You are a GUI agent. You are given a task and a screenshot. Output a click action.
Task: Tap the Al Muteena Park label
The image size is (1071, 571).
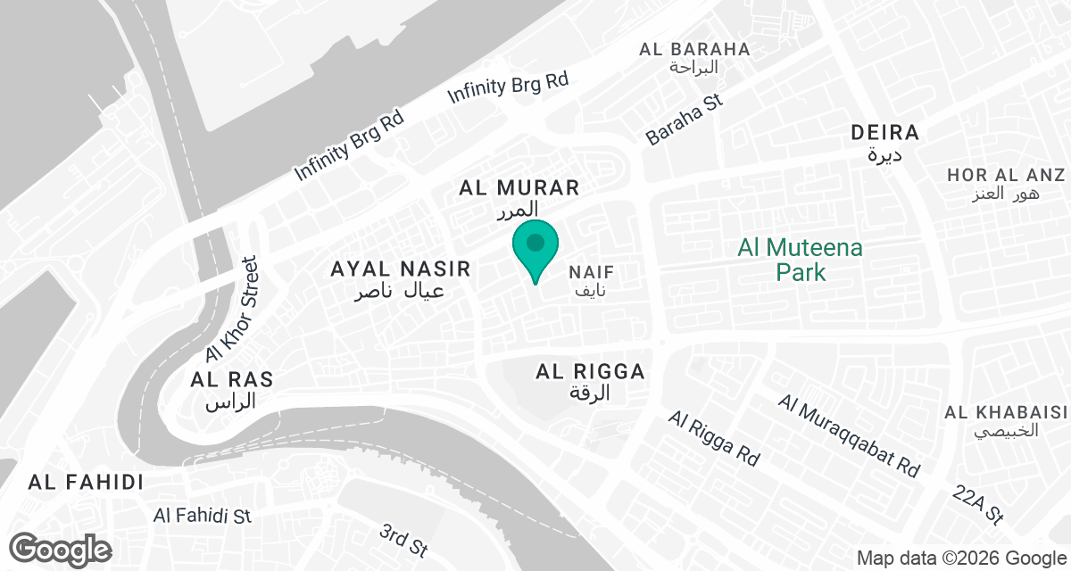coord(801,259)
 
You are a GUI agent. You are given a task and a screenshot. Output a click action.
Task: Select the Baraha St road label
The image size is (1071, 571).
coord(685,120)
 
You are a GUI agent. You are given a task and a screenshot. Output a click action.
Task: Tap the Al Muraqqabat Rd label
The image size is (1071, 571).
coord(849,434)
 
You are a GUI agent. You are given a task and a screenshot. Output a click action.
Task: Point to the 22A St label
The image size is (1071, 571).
coord(979,505)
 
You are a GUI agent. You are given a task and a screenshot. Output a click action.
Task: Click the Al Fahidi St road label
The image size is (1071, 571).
coord(203,516)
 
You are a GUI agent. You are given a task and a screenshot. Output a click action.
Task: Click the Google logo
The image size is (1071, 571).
coord(61,548)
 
